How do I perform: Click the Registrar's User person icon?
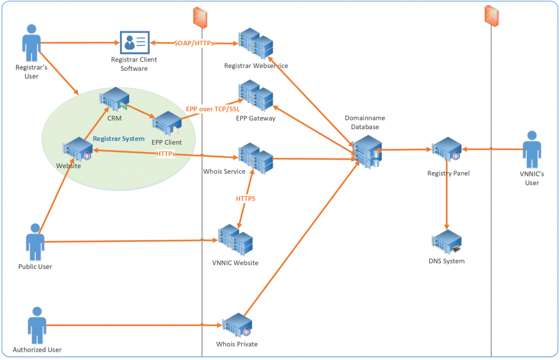[x=31, y=44]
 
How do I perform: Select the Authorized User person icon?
[x=37, y=325]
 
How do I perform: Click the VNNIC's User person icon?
[x=532, y=150]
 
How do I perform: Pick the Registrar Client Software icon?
[x=134, y=42]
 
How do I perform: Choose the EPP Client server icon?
[x=167, y=124]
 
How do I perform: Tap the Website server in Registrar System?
[x=78, y=149]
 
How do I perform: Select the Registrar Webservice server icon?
[x=255, y=43]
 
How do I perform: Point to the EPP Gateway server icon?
[x=255, y=96]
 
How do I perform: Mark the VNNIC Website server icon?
[x=236, y=241]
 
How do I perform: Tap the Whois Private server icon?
[x=237, y=326]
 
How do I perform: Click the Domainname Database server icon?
[x=367, y=151]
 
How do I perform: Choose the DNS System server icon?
[x=447, y=242]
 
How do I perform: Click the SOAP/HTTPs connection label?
[x=194, y=43]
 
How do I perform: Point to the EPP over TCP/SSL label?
[x=212, y=109]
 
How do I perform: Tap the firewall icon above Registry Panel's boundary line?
[x=490, y=16]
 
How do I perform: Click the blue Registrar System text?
[x=119, y=138]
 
